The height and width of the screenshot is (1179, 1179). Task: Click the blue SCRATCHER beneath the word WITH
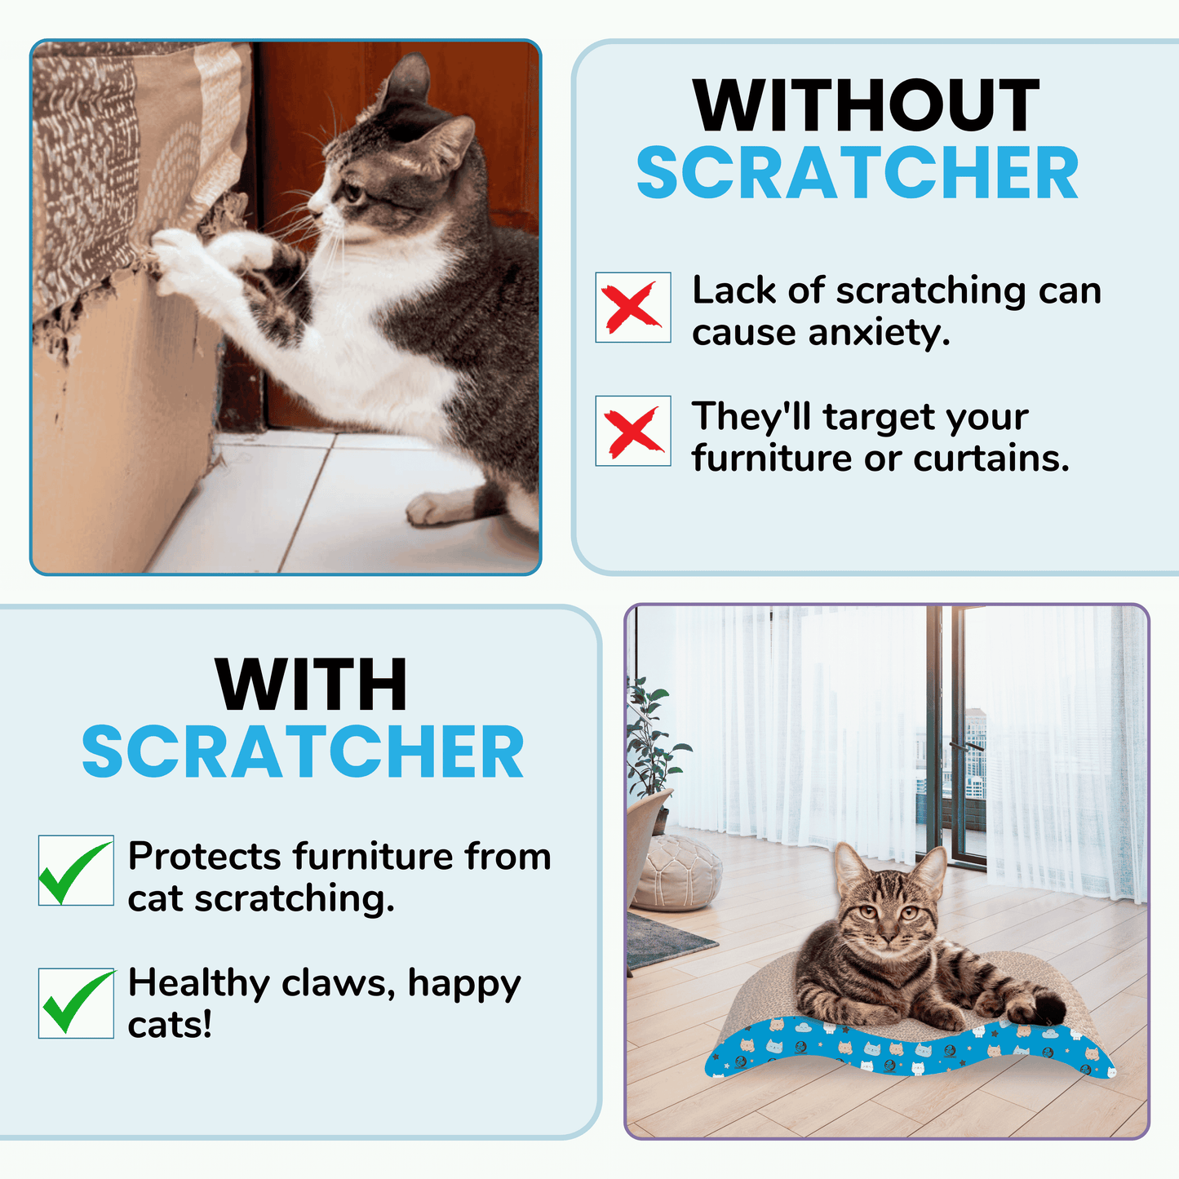click(x=303, y=751)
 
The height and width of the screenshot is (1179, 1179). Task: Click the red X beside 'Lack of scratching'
click(x=632, y=307)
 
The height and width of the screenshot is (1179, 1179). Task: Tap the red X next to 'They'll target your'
click(x=634, y=432)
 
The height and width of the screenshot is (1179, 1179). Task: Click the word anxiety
click(x=880, y=334)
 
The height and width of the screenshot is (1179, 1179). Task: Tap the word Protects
click(x=206, y=857)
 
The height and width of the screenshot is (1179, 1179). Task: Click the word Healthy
click(x=199, y=985)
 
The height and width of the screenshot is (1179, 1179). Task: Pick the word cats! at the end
click(x=170, y=1026)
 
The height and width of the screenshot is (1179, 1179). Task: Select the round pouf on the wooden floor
click(x=677, y=873)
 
